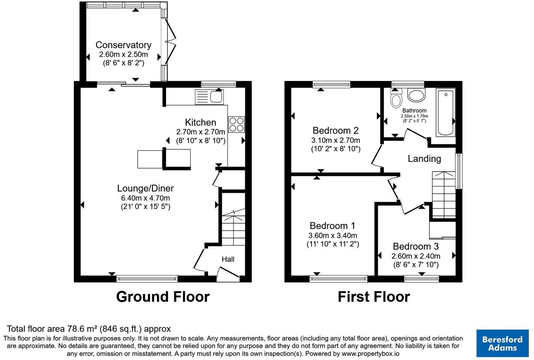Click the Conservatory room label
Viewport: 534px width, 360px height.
pyautogui.click(x=123, y=45)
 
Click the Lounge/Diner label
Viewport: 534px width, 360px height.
pyautogui.click(x=145, y=188)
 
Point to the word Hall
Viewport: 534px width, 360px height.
pyautogui.click(x=228, y=259)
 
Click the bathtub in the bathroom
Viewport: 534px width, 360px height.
pyautogui.click(x=445, y=112)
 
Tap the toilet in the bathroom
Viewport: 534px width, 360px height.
pyautogui.click(x=396, y=99)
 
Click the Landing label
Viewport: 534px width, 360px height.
pyautogui.click(x=424, y=159)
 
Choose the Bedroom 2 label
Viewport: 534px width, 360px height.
pyautogui.click(x=335, y=131)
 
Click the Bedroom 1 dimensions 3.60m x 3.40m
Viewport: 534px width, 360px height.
pyautogui.click(x=333, y=236)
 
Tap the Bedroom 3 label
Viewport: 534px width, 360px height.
pyautogui.click(x=416, y=247)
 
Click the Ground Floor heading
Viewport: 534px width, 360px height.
pyautogui.click(x=163, y=297)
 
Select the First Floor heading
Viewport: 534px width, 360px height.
pyautogui.click(x=374, y=297)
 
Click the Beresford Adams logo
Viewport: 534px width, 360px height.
pyautogui.click(x=503, y=343)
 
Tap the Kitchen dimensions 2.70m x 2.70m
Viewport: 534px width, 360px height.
pyautogui.click(x=201, y=132)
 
